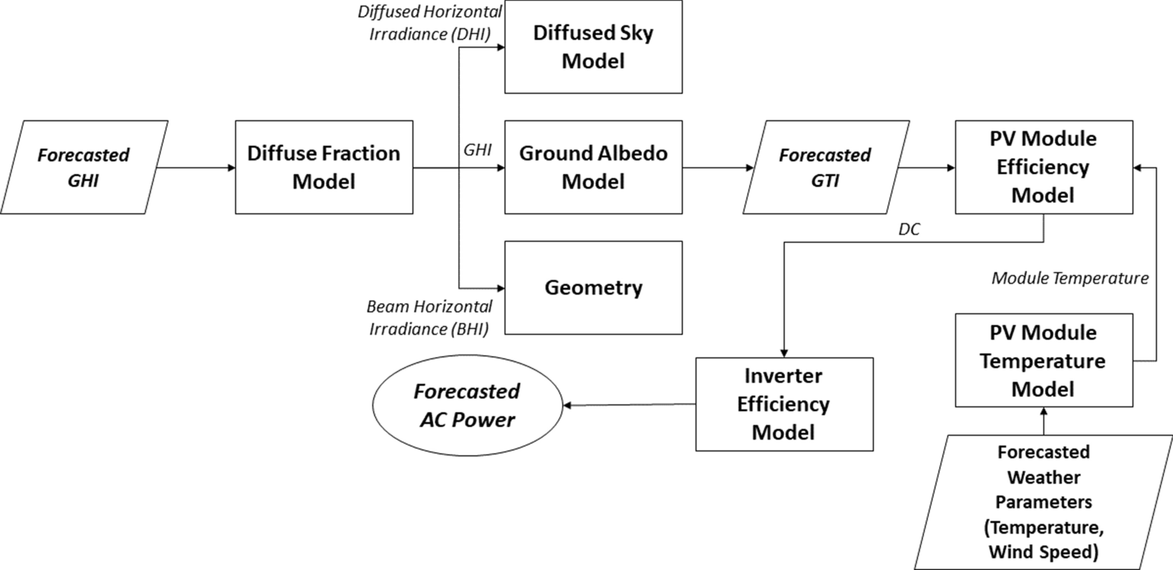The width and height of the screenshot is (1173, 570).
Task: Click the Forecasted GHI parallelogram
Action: pyautogui.click(x=84, y=167)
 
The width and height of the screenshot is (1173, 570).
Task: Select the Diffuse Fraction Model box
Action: pyautogui.click(x=324, y=167)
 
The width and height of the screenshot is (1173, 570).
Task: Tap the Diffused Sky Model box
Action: pyautogui.click(x=593, y=47)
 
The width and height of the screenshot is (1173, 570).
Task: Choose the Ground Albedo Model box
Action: pyautogui.click(x=593, y=167)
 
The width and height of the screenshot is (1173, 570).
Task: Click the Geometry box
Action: pyautogui.click(x=593, y=288)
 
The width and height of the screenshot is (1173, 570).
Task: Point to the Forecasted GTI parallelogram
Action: pyautogui.click(x=825, y=167)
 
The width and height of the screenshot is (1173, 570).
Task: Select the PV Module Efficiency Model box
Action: pyautogui.click(x=1043, y=167)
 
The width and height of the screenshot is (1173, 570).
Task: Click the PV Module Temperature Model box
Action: pyautogui.click(x=1043, y=360)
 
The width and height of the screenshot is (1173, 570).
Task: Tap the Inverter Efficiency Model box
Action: pyautogui.click(x=784, y=404)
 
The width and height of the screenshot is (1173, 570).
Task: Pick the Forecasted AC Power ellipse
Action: pyautogui.click(x=467, y=405)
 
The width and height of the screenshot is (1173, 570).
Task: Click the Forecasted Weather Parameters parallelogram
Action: pyautogui.click(x=1043, y=502)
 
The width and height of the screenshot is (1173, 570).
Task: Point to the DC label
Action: pyautogui.click(x=909, y=230)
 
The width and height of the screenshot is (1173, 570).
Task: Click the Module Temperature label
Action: pyautogui.click(x=1070, y=278)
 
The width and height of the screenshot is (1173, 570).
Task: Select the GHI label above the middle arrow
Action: pyautogui.click(x=477, y=150)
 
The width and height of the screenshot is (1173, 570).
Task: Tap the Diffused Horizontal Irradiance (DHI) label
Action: pyautogui.click(x=430, y=23)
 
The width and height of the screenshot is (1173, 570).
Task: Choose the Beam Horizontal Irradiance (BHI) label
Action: pyautogui.click(x=430, y=317)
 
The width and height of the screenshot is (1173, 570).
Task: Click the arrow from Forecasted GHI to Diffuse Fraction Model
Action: pyautogui.click(x=196, y=168)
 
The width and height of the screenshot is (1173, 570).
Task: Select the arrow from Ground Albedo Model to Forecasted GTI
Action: pyautogui.click(x=718, y=168)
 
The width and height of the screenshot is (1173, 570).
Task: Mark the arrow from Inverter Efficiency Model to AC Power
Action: pyautogui.click(x=629, y=405)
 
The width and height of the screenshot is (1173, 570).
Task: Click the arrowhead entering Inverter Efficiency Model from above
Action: pyautogui.click(x=784, y=353)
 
